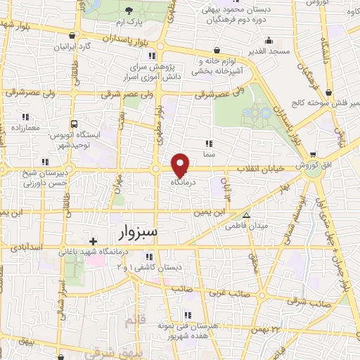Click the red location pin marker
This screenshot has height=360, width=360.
(x=181, y=166)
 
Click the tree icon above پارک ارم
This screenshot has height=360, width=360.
(x=130, y=11)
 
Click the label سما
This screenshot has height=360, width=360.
(x=209, y=153)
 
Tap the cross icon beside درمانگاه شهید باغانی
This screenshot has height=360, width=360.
(x=93, y=261)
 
